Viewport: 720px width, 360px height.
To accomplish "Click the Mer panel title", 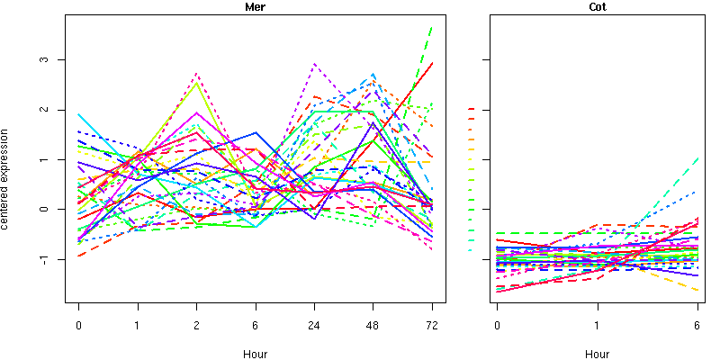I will coord(255,8).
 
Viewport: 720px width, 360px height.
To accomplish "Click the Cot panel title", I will coord(597,8).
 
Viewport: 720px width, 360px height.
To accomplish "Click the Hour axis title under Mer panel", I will coord(255,355).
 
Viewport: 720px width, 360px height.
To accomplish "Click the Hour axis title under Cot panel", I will coord(597,355).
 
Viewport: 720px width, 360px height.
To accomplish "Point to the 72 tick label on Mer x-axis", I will coord(431,325).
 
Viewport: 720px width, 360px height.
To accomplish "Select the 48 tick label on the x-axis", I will coord(373,325).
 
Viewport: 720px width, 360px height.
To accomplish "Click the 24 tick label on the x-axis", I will coord(314,325).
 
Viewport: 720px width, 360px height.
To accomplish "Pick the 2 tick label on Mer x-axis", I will coord(196,325).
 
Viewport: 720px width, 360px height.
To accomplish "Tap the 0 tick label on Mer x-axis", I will coord(79,325).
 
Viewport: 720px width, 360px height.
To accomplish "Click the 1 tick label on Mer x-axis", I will coord(138,325).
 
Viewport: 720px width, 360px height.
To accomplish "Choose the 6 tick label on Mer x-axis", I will coord(256,325).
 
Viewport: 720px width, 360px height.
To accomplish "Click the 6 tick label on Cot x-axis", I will coord(697,325).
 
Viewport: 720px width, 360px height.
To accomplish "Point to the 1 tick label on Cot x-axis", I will coord(598,325).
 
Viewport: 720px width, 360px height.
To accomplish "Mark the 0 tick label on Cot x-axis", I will coord(497,325).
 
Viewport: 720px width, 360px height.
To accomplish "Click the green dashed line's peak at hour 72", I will coord(432,27).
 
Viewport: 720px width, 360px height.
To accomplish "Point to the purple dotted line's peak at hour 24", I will coord(314,64).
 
